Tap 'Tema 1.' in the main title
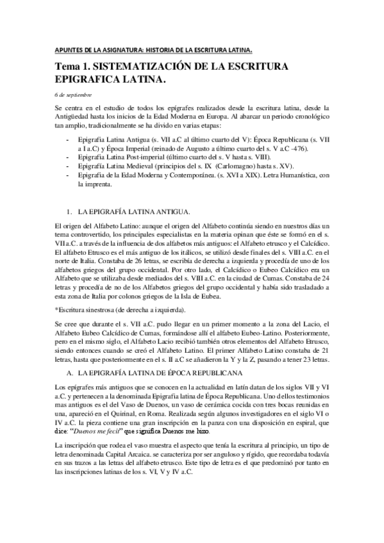click(74, 67)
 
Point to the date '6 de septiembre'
click(74, 95)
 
